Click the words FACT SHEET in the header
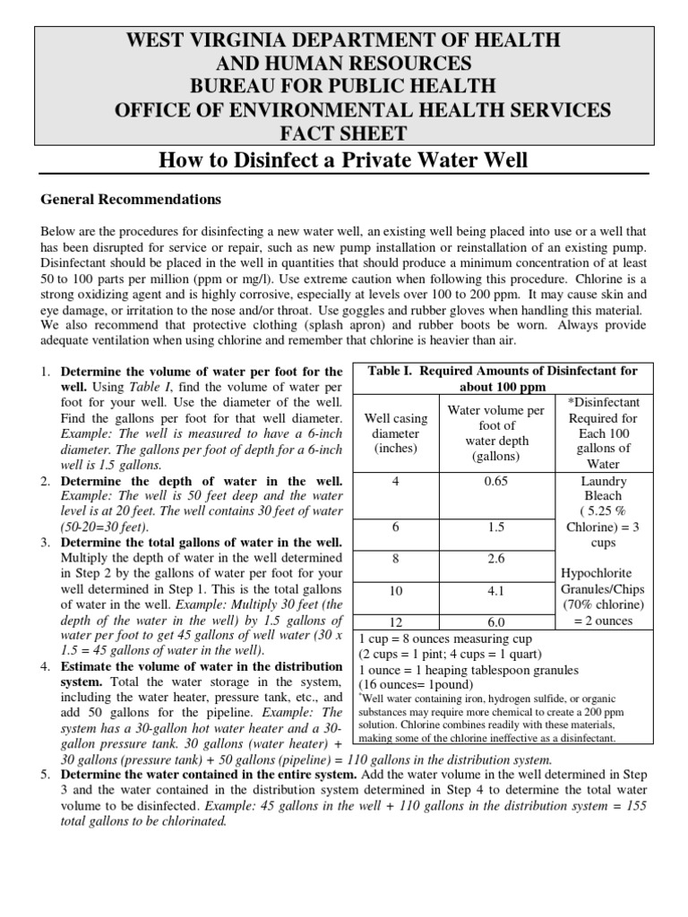[x=343, y=133]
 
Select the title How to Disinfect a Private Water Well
[x=343, y=161]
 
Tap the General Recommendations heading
[x=131, y=199]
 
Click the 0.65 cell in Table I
[x=495, y=482]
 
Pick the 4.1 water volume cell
[x=495, y=591]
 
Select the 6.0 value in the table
[x=495, y=621]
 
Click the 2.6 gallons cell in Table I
[x=495, y=558]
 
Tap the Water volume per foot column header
[x=495, y=433]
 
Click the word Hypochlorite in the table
[x=601, y=573]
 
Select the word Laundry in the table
[x=602, y=480]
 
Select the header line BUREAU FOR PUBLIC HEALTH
[x=343, y=87]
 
